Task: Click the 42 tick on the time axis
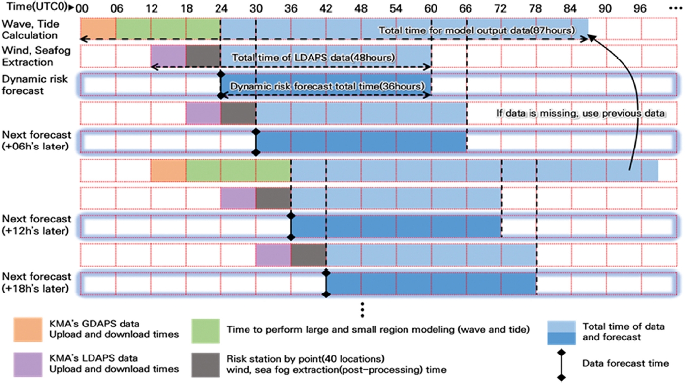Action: point(326,8)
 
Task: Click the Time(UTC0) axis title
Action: point(34,8)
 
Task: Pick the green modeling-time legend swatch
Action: point(205,329)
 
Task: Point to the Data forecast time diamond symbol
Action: point(561,364)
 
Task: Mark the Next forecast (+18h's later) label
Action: point(36,282)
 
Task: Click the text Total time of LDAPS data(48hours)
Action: point(313,57)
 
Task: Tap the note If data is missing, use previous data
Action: point(581,113)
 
